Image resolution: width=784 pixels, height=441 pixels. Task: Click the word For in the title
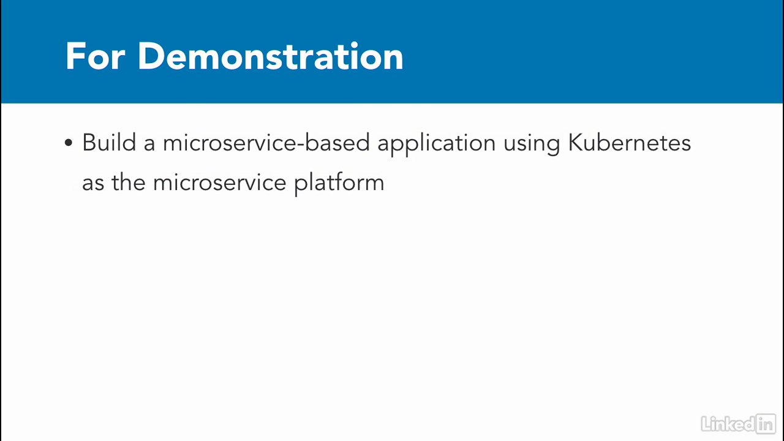(x=95, y=56)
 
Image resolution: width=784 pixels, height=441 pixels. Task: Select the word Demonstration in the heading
(x=271, y=56)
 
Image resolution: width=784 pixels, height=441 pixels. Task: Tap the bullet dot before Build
(x=69, y=143)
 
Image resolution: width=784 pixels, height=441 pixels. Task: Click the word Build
(x=109, y=142)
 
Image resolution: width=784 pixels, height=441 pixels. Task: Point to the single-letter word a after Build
(x=149, y=145)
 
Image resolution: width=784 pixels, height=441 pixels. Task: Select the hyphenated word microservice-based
(x=266, y=142)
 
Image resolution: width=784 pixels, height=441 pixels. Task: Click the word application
(x=437, y=144)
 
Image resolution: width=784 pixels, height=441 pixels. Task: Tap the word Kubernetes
(x=630, y=142)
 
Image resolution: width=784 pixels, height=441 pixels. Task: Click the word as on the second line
(x=93, y=184)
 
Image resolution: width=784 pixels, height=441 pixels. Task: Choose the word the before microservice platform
(x=129, y=182)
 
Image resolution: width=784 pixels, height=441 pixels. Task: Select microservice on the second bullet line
(x=220, y=182)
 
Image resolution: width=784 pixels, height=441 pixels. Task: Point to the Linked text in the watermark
(x=728, y=424)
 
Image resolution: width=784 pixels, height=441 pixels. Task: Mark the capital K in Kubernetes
(x=576, y=142)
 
